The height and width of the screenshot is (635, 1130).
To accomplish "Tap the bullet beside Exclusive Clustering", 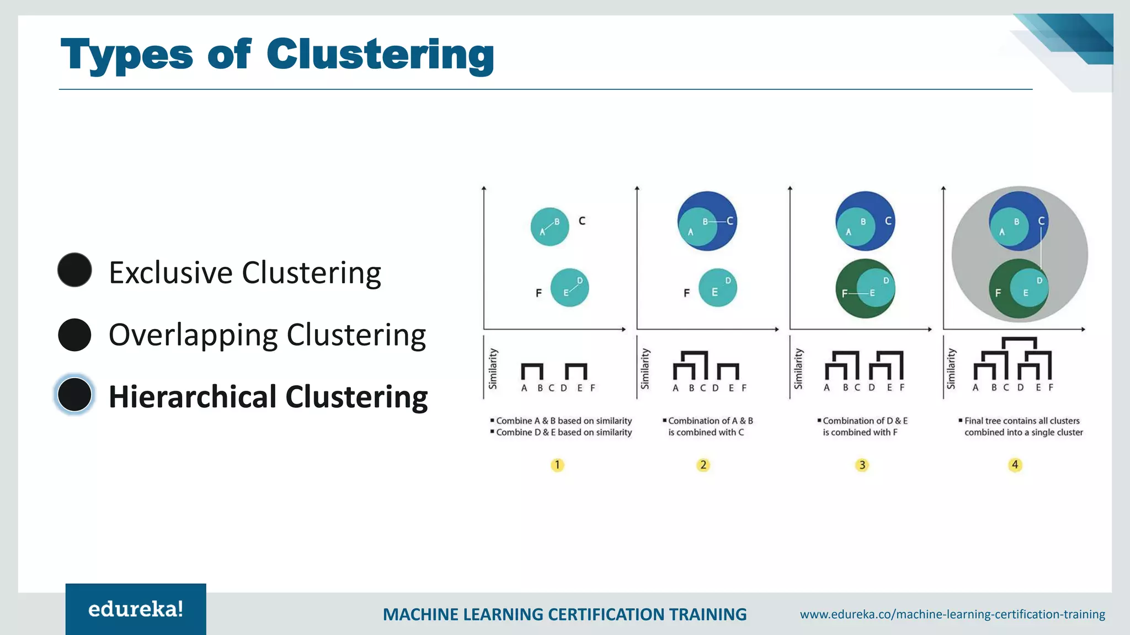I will pos(74,270).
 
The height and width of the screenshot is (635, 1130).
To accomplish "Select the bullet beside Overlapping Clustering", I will pos(74,335).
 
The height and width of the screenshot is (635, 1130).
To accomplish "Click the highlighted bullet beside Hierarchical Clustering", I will pos(74,395).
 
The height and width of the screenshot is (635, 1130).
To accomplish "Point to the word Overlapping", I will pos(193,335).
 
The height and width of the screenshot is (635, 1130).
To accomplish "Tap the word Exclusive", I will pos(170,272).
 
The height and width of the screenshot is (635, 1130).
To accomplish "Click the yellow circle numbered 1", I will pos(557,465).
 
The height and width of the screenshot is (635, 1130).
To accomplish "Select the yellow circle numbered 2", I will pos(703,465).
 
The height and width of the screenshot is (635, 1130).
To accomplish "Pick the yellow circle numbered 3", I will pos(862,465).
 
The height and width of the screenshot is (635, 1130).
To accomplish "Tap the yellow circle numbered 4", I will pos(1015,465).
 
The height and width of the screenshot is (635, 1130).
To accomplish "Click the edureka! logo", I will pos(136,609).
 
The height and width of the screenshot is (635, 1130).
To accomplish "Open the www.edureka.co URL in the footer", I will pos(952,614).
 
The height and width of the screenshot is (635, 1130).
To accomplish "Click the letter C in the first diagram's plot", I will pos(582,221).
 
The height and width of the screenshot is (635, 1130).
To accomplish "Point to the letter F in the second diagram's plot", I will pos(686,293).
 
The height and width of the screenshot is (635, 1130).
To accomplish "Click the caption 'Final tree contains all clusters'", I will pos(1021,421).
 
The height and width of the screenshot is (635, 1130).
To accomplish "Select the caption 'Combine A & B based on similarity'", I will pos(563,421).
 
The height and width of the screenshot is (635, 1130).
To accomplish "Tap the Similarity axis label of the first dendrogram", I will pos(493,368).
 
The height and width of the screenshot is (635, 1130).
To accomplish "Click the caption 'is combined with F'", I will pos(860,432).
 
